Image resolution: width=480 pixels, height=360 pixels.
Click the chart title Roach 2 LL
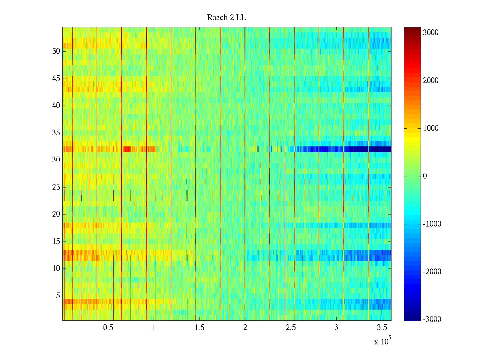226,18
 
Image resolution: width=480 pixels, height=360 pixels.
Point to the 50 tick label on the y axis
56,51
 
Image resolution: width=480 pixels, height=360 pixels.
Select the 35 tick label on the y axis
56,133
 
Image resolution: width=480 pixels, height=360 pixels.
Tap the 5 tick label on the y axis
58,296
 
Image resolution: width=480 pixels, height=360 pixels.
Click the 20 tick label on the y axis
56,214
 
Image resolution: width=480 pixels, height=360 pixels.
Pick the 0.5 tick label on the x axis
108,328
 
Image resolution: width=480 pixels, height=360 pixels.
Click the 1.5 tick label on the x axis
199,328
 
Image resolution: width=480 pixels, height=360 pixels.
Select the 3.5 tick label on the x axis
382,328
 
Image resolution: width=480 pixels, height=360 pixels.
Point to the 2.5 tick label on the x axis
291,328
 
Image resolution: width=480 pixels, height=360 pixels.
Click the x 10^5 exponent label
382,341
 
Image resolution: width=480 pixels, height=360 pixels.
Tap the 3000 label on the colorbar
430,33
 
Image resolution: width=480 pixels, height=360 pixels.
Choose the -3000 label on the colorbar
432,319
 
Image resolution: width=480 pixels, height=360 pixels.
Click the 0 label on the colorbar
425,176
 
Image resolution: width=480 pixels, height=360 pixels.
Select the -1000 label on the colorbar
432,224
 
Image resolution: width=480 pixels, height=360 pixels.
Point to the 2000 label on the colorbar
430,80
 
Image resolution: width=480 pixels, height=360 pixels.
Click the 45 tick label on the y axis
56,79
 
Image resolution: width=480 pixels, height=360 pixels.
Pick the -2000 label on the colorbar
432,272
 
